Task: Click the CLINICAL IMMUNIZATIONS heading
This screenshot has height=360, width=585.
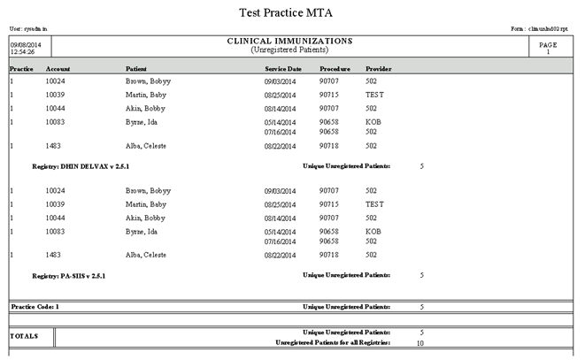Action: (x=290, y=42)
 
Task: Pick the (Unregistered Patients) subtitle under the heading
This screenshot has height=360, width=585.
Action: (x=290, y=50)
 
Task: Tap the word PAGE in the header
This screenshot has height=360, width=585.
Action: (x=549, y=43)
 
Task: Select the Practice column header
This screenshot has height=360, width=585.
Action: (x=22, y=68)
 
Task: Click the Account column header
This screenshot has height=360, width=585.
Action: (x=58, y=68)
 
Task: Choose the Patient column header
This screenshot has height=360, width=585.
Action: (x=136, y=68)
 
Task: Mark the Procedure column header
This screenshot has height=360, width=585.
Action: (x=335, y=68)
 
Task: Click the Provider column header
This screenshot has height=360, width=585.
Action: (x=379, y=68)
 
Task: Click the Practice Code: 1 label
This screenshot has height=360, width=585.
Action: (x=35, y=306)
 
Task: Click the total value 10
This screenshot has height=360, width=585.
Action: (x=420, y=342)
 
